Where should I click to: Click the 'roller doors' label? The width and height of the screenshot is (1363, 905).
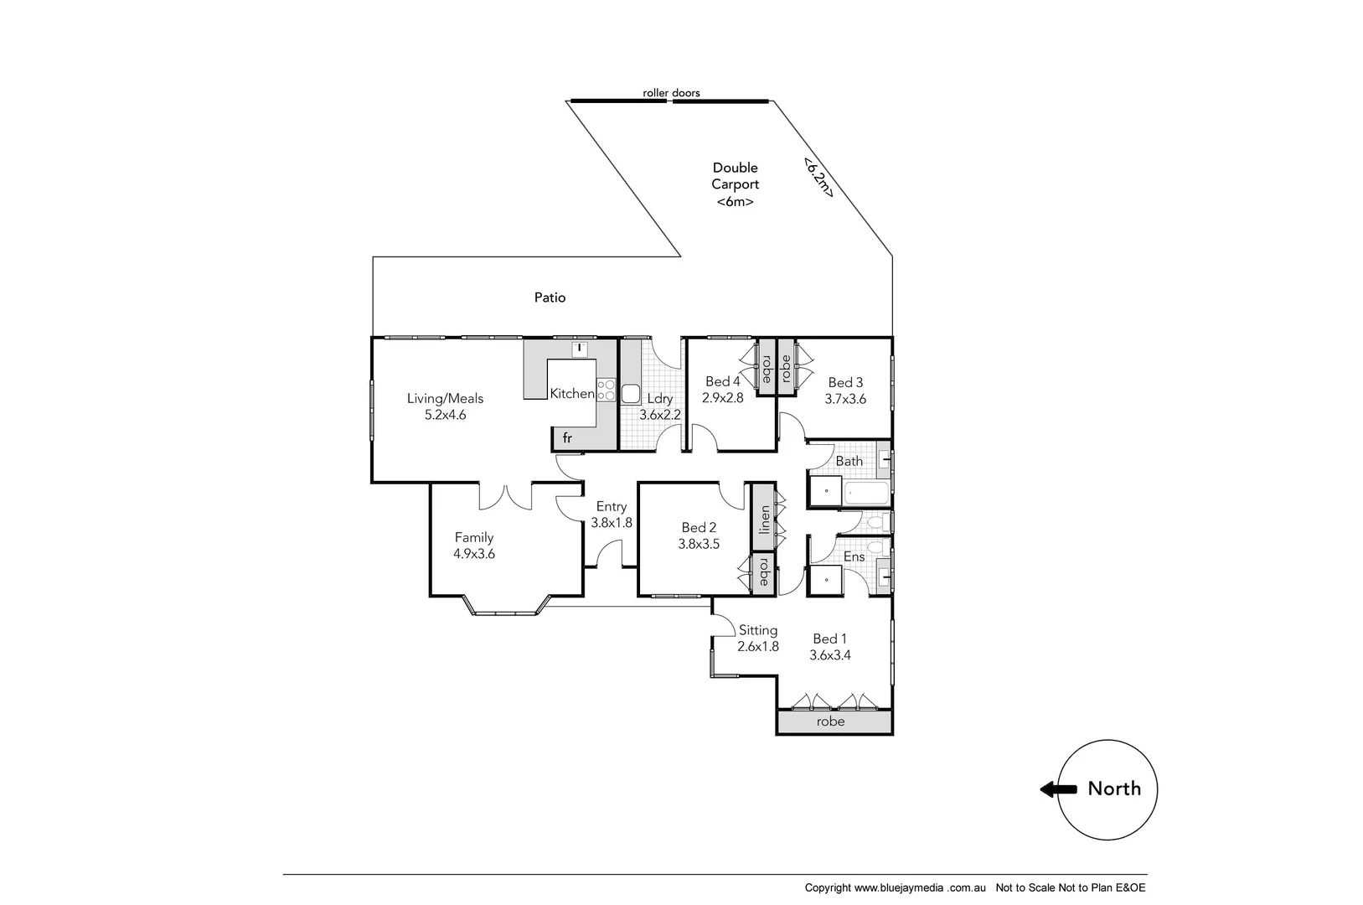[x=671, y=93]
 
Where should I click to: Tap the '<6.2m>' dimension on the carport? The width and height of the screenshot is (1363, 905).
[x=818, y=177]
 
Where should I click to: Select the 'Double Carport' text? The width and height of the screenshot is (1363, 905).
[x=735, y=176]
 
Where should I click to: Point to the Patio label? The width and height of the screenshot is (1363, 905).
[x=550, y=297]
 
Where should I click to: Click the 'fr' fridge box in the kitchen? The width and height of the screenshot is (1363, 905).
[x=567, y=438]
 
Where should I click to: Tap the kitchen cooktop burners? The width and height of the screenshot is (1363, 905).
[x=606, y=391]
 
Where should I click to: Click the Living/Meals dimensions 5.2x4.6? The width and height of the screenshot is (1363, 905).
[x=445, y=415]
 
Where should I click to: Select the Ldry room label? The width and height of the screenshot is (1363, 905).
[x=659, y=399]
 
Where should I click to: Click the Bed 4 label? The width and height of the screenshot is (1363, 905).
[x=722, y=381]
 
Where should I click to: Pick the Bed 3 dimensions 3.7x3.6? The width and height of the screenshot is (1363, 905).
[x=845, y=399]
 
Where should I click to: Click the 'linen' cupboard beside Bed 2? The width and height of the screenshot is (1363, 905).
[x=764, y=520]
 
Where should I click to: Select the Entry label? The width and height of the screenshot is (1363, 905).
[x=611, y=506]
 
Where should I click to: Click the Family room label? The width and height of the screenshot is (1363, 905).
[x=473, y=537]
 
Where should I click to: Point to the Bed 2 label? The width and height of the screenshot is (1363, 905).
[x=699, y=527]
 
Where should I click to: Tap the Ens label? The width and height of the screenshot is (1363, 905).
[x=854, y=556]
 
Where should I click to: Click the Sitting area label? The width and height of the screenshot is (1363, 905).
[x=757, y=630]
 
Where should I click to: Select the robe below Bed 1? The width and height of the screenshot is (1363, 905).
[x=830, y=721]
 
